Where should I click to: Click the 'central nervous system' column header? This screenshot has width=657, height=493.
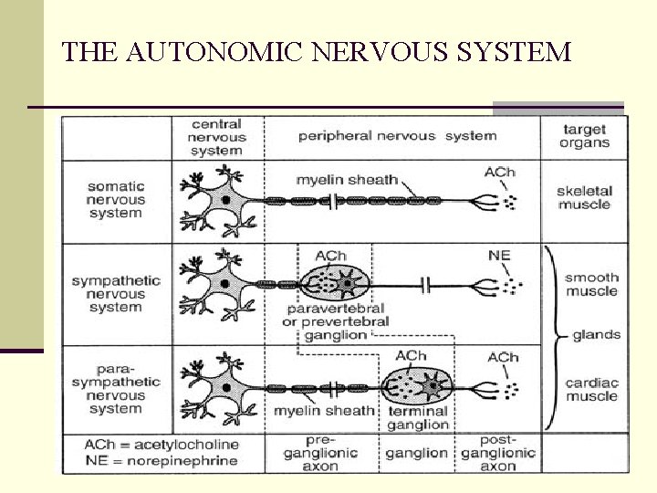(216, 137)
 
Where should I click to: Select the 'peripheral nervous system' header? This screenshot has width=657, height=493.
(397, 136)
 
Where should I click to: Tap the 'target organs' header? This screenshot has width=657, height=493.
(585, 136)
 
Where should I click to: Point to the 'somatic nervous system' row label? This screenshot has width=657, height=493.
(116, 199)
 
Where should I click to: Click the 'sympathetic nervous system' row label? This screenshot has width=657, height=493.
(116, 294)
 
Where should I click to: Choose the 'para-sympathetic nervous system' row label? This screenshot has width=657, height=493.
(116, 389)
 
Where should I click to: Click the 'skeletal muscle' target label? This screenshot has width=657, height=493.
(585, 198)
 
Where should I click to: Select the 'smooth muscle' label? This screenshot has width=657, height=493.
(591, 284)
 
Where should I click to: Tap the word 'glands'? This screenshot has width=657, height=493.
(596, 335)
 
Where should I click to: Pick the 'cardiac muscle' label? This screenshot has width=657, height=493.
(591, 389)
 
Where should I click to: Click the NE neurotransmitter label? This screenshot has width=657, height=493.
(499, 255)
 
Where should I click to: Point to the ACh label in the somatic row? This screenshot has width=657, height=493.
(499, 172)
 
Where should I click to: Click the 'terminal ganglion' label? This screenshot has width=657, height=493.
(417, 417)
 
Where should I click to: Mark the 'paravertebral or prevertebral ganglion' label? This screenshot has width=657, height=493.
(336, 321)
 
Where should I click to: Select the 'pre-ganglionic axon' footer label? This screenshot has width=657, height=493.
(320, 453)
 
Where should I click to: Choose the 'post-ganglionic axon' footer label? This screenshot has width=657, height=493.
(498, 453)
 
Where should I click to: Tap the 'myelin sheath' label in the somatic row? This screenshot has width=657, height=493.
(347, 180)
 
